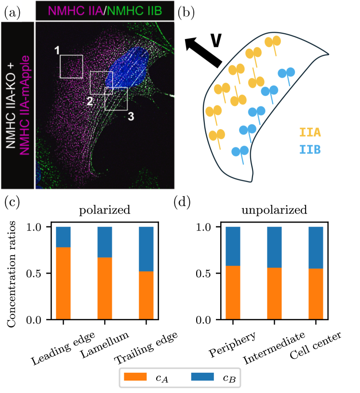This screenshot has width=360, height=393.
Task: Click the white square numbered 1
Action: pyautogui.click(x=71, y=66)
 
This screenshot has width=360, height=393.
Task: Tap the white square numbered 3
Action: pyautogui.click(x=116, y=99)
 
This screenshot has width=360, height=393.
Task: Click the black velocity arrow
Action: pyautogui.click(x=203, y=51)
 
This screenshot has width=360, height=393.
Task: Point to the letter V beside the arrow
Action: pyautogui.click(x=218, y=41)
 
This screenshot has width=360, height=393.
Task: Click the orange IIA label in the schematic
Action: pyautogui.click(x=310, y=132)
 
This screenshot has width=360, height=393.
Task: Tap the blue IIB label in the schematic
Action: pyautogui.click(x=310, y=150)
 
